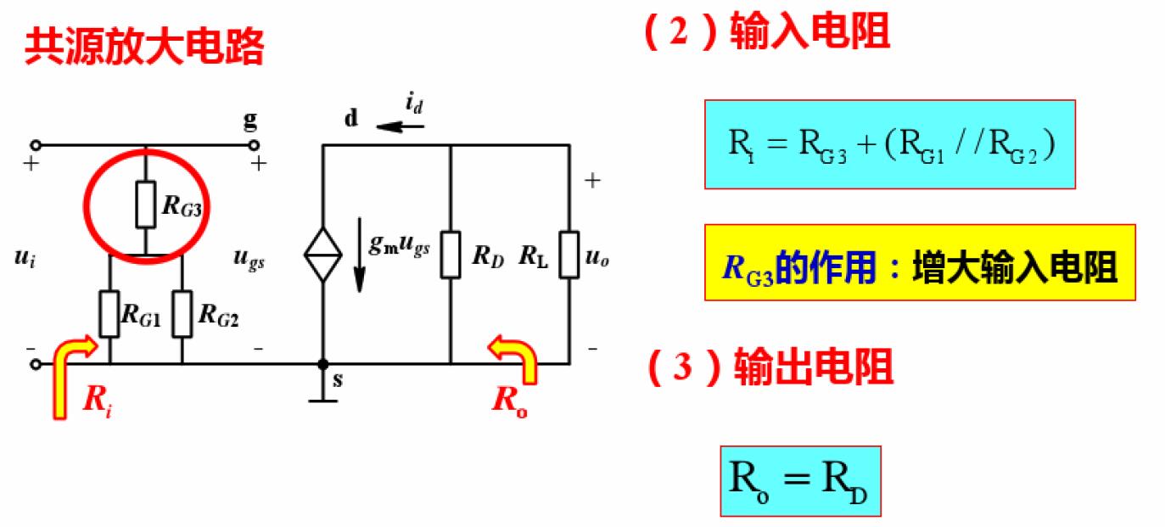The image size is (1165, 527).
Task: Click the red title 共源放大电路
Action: (x=144, y=48)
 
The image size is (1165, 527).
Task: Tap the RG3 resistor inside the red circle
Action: (x=146, y=204)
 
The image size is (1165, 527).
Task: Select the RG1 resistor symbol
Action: (x=109, y=314)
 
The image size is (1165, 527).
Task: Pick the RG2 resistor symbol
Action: (x=182, y=314)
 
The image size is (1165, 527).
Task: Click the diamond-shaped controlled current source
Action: (x=322, y=254)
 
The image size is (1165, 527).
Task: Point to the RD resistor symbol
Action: (x=451, y=254)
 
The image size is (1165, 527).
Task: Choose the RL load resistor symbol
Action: (x=569, y=254)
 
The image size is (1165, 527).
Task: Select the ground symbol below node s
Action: (x=322, y=397)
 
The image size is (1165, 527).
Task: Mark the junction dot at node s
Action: (x=322, y=364)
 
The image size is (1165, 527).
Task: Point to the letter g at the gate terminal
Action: (x=250, y=121)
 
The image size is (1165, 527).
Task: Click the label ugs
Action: (x=249, y=261)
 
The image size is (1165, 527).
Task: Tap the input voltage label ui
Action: (x=25, y=259)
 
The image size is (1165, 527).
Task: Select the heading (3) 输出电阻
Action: (x=769, y=368)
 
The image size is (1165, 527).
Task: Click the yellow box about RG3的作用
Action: (x=920, y=262)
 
